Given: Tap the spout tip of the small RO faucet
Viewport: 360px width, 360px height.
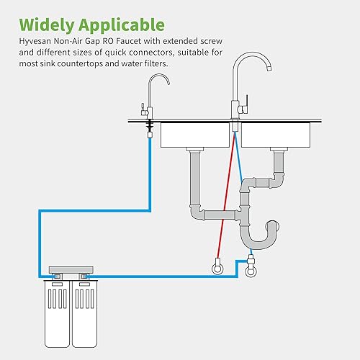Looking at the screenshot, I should pos(167,84).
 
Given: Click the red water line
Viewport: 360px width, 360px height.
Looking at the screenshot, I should pos(224,194).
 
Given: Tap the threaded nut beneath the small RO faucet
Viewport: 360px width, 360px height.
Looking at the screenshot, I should pos(149,129).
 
